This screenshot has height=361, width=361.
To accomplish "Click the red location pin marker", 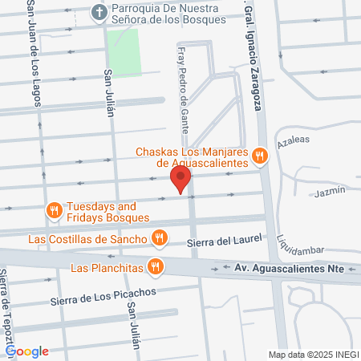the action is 181,180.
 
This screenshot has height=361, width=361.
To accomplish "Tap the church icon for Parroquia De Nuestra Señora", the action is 99,11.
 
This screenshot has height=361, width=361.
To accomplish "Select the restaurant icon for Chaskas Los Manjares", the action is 258,156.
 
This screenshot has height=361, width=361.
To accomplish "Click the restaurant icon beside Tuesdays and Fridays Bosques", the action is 55,211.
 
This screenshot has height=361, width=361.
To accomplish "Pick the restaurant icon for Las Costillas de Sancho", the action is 159,238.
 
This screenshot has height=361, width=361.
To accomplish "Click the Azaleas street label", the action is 293,140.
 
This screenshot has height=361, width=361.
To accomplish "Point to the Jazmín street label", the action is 330,191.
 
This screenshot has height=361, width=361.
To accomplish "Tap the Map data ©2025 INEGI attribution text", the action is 312,354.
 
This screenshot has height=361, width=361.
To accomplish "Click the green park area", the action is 124,53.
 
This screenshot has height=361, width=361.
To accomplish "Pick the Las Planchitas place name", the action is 106,266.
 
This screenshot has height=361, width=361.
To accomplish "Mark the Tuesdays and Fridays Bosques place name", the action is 107,211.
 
